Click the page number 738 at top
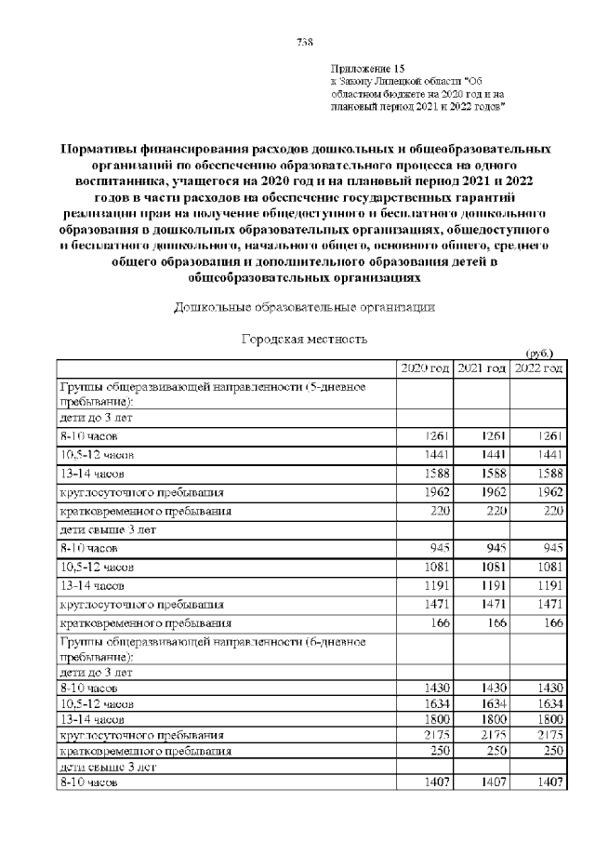point(303,41)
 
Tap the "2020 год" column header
point(424,369)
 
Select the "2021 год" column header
point(482,369)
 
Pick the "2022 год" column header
point(538,369)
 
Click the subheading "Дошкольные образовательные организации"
point(304,306)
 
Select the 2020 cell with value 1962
point(435,493)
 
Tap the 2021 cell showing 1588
point(491,474)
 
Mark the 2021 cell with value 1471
point(491,605)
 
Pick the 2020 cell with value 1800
point(435,719)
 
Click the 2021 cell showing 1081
point(491,567)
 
